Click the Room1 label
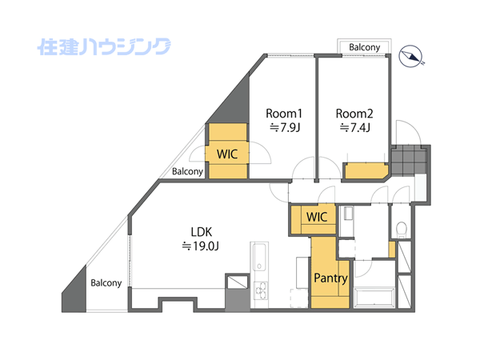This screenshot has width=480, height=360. coord(284,114)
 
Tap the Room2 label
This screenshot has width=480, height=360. coord(354,114)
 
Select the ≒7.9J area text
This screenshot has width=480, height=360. coord(285,127)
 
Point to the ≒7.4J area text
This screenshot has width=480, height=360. coord(355,127)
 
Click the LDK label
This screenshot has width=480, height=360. coord(201,232)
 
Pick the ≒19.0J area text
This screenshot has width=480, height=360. coord(201,246)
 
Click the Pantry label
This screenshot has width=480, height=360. coord(330,278)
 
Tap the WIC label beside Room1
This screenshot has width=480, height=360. coord(227,154)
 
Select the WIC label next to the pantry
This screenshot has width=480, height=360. coord(317,217)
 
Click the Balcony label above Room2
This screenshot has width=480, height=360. coord(365,47)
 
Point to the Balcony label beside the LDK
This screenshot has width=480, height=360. coord(106,282)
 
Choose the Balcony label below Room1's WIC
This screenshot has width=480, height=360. coord(188,171)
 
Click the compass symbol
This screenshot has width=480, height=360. coord(411,56)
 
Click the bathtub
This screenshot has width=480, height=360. coord(374,298)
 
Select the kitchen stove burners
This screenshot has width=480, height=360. coord(261,291)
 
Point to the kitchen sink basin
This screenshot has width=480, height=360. coord(259,257)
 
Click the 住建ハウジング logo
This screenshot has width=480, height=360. coord(104,47)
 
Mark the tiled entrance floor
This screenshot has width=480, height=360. coord(409,160)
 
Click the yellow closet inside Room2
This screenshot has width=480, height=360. coord(366,171)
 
